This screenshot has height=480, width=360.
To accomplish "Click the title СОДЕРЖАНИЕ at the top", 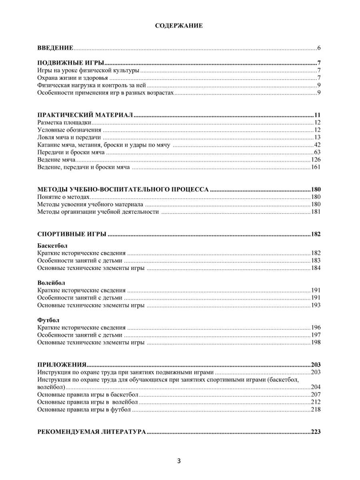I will point(179,26).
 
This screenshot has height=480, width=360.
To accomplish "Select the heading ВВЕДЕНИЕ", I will point(55,48).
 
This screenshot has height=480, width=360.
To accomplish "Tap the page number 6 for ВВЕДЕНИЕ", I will point(319,48).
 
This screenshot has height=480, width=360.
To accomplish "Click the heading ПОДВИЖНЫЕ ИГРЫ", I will point(71,63).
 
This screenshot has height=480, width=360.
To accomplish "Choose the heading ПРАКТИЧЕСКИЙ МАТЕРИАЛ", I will point(85,115).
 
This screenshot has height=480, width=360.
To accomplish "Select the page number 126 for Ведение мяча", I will point(316,160).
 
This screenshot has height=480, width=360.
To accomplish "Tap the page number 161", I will point(316,167).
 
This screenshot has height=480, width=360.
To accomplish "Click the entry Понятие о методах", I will point(63,197).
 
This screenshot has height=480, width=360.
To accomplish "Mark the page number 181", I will point(316,212).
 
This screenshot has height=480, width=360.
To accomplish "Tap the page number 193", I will point(316,306).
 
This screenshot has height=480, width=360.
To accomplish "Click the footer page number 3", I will point(179,461).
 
